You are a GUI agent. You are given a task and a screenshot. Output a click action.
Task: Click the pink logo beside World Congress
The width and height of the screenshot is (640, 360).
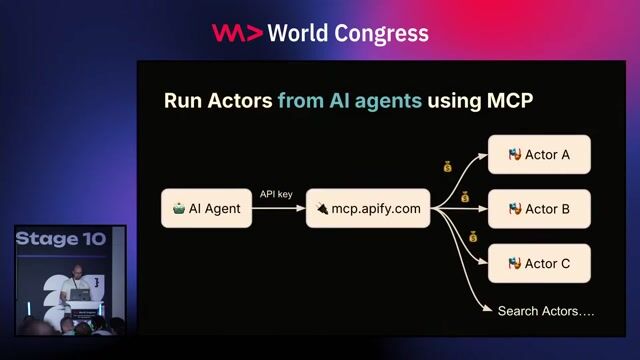237,33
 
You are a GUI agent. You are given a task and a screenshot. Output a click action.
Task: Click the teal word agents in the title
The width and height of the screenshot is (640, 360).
388,101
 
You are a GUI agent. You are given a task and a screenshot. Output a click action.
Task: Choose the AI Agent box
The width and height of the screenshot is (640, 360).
206,209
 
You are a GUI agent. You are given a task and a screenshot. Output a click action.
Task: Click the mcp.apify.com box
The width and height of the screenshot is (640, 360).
367,209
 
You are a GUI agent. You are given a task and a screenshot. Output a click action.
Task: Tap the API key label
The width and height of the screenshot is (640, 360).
276,194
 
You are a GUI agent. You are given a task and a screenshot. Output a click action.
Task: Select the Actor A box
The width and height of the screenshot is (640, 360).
539,155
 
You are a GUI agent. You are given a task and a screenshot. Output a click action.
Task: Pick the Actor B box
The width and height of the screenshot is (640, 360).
539,209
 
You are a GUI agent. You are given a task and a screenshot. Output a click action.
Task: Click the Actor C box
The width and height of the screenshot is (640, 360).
539,263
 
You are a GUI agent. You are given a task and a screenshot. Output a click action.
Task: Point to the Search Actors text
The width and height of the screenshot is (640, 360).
546,311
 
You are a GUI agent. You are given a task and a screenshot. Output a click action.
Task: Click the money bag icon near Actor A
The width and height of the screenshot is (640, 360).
448,166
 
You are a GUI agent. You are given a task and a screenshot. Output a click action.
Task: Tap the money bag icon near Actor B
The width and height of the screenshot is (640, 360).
465,198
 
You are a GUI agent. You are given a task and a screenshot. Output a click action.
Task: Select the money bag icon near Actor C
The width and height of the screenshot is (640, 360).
473,237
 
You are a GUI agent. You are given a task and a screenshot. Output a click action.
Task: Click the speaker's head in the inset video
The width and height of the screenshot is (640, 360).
75,273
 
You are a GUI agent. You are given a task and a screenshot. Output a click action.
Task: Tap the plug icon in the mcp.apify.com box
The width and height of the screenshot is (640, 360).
322,209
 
